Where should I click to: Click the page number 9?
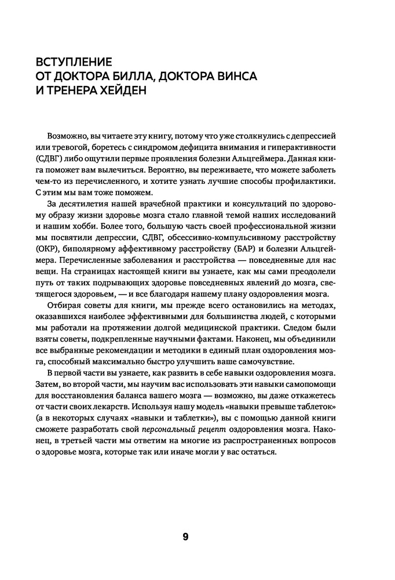coord(185,536)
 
